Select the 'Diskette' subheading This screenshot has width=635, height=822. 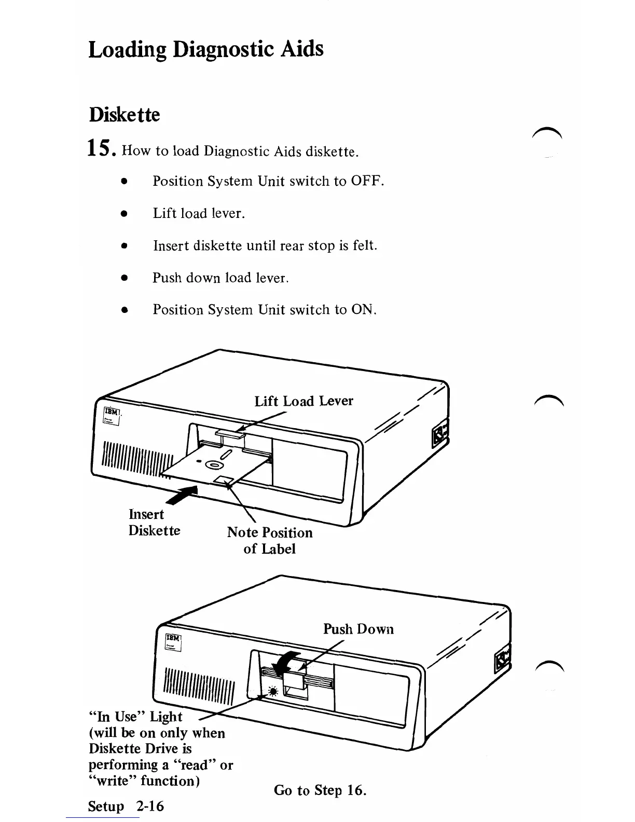coord(125,115)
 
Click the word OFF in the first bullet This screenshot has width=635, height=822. coord(367,181)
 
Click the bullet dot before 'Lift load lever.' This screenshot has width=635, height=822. coord(123,213)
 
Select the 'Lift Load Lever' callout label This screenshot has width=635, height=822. coord(303,401)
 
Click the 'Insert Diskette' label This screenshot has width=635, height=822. coord(154,523)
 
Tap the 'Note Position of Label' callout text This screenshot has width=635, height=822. coord(270,541)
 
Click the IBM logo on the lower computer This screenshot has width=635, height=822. coord(173,638)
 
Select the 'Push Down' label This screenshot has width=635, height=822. coord(358,629)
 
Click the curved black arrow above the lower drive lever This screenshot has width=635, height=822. coord(286,661)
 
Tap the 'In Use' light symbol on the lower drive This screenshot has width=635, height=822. coord(273,691)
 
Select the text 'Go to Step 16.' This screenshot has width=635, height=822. coord(320,790)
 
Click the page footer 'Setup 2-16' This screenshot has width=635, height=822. coord(126,806)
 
